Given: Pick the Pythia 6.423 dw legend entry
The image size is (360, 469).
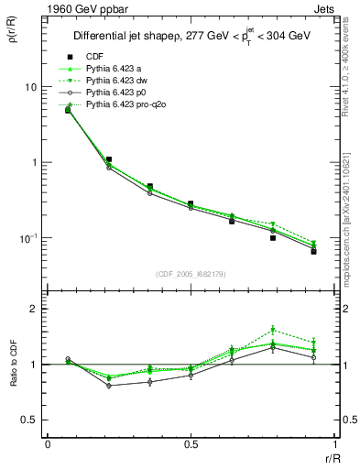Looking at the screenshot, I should coord(115,81).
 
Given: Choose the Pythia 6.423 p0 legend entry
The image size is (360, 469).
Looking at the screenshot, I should coord(115,93).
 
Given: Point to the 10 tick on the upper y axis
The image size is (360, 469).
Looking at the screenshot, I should coord(30,87).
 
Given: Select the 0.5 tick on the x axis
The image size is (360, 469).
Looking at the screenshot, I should coord(191,444).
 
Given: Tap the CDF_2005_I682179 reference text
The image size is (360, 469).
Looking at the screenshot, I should coord(191,274).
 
